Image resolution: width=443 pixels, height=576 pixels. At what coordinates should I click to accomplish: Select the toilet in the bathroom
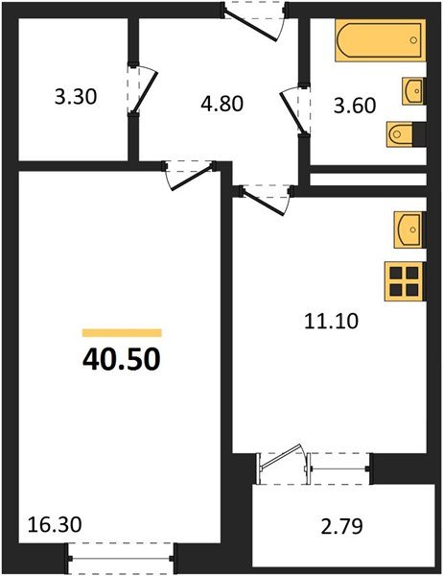[x=403, y=132]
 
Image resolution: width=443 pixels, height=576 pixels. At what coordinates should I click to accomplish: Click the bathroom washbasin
[x=413, y=92]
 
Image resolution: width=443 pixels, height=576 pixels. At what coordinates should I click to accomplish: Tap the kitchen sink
[x=407, y=229]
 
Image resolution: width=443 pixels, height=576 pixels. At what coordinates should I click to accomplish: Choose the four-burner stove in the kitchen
[x=405, y=281]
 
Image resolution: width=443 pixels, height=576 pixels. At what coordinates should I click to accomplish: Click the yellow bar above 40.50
[x=122, y=332]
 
